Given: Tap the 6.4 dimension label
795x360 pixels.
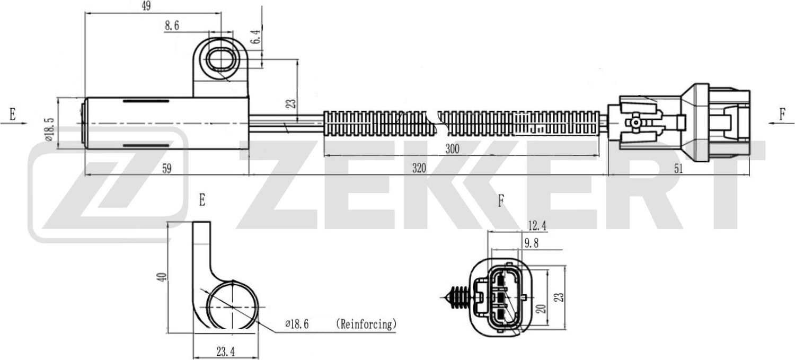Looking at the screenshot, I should point(255,37).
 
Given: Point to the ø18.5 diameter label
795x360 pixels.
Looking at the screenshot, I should point(48,129).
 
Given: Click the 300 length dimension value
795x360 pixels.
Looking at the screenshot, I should point(452,149).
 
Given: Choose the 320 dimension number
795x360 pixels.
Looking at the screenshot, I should point(419,169).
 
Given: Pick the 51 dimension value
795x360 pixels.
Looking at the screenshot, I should point(678,169).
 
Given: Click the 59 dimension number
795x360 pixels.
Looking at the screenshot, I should point(167,169).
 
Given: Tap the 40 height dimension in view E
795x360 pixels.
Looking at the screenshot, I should point(163,276).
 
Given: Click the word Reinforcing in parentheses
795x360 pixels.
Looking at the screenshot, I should point(366,323).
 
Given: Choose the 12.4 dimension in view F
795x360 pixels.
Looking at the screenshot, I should point(537,226).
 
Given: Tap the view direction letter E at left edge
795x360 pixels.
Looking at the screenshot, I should point(12,113).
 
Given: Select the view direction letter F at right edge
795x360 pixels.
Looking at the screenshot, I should point(782,115).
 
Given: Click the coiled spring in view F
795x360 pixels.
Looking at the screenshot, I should point(457,297).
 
